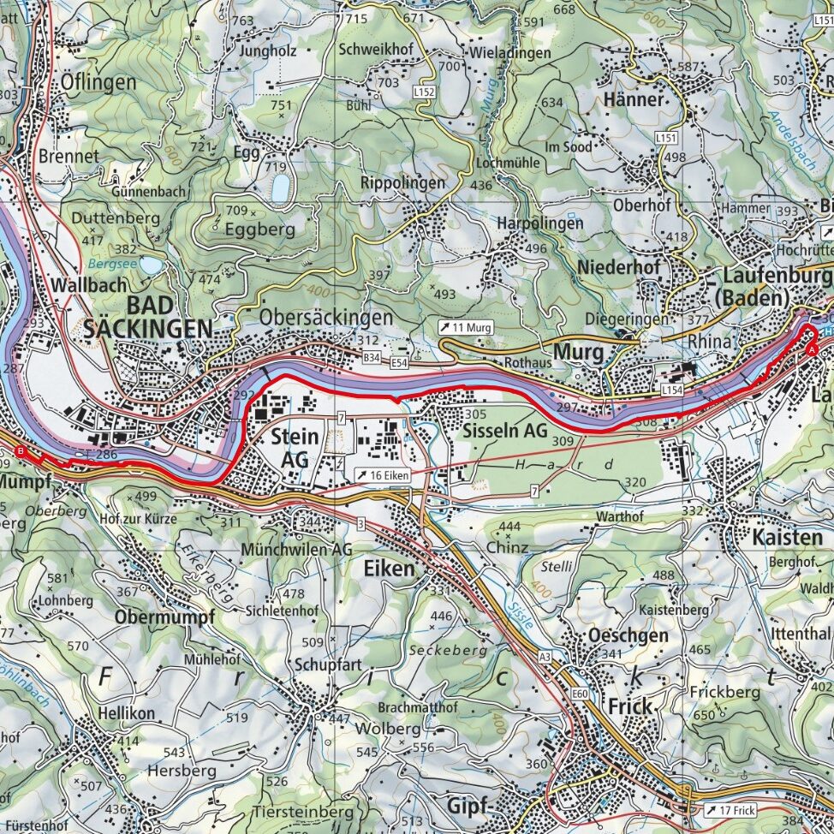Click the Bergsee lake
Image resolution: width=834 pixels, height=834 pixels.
151,266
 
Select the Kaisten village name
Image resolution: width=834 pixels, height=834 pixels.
787,538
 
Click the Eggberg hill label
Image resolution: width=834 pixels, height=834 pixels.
259,229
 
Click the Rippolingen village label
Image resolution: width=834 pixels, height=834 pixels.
402,183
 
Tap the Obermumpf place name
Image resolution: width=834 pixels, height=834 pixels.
164,617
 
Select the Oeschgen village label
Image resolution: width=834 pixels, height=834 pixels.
628,635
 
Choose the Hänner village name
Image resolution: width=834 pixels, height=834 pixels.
633,99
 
